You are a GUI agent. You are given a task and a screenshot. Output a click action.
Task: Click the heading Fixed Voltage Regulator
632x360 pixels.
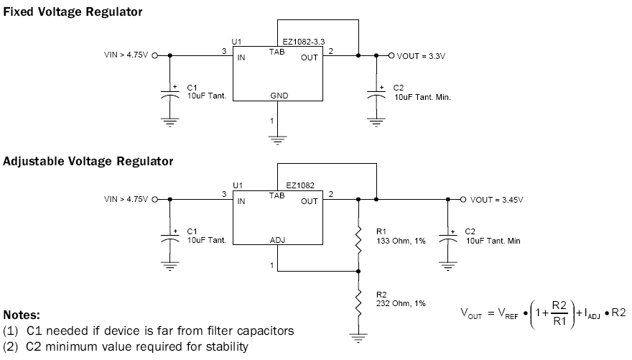pyautogui.click(x=73, y=12)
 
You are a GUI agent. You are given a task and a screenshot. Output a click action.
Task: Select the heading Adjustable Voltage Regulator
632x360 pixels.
pyautogui.click(x=88, y=161)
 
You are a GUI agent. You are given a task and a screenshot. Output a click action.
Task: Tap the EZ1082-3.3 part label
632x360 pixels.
pyautogui.click(x=304, y=42)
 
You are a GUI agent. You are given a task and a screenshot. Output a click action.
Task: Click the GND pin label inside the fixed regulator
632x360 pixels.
pyautogui.click(x=279, y=96)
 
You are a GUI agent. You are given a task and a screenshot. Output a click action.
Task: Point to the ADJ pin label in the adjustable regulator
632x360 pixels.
pyautogui.click(x=278, y=240)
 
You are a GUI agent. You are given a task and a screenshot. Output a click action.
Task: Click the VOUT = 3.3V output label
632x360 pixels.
pyautogui.click(x=421, y=56)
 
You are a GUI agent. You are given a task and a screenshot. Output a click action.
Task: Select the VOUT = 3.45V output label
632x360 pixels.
pyautogui.click(x=496, y=200)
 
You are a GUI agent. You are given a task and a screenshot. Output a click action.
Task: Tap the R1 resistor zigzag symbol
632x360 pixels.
pyautogui.click(x=358, y=241)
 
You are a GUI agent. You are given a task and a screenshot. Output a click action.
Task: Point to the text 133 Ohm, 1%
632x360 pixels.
pyautogui.click(x=401, y=241)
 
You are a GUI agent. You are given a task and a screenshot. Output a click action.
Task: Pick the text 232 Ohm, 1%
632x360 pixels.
pyautogui.click(x=401, y=303)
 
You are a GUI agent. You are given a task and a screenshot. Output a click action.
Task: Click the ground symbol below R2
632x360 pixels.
pyautogui.click(x=358, y=338)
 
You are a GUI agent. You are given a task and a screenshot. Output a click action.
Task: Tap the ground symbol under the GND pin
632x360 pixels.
pyautogui.click(x=277, y=140)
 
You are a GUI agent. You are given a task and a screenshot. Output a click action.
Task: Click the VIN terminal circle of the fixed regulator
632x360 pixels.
pyautogui.click(x=154, y=55)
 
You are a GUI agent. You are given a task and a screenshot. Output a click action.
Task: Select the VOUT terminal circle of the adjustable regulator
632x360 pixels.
pyautogui.click(x=463, y=200)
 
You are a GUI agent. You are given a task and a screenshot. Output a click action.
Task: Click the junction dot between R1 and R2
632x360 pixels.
pyautogui.click(x=358, y=272)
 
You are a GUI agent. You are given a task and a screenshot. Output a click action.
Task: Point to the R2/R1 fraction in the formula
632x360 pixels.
pyautogui.click(x=559, y=313)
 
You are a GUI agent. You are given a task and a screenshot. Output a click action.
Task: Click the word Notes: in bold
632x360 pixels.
pyautogui.click(x=22, y=315)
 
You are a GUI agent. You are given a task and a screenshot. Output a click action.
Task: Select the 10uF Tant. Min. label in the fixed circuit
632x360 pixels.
pyautogui.click(x=422, y=97)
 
